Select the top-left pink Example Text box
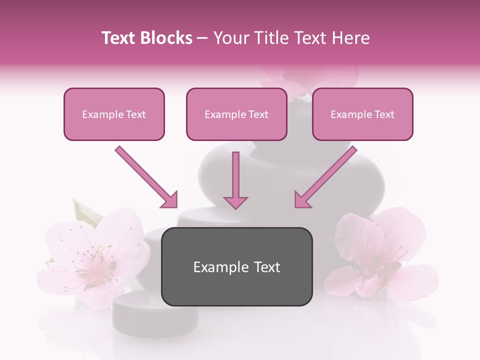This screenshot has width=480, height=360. pos(114,114)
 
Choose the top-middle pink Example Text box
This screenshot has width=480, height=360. pos(236,114)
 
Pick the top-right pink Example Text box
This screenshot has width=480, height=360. pos(362,114)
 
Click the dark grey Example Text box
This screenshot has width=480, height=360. pos(236,266)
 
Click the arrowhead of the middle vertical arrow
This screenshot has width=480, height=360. pos(235,202)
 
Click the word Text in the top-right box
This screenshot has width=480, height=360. pos(384,114)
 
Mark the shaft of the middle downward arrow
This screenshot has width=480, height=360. pos(235,172)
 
